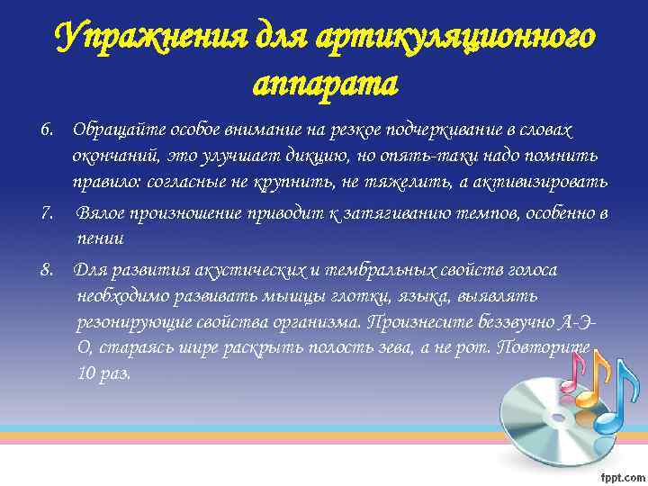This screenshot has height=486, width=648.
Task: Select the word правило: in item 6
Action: pyautogui.click(x=107, y=183)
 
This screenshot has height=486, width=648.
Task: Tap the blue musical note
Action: pyautogui.click(x=613, y=404)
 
